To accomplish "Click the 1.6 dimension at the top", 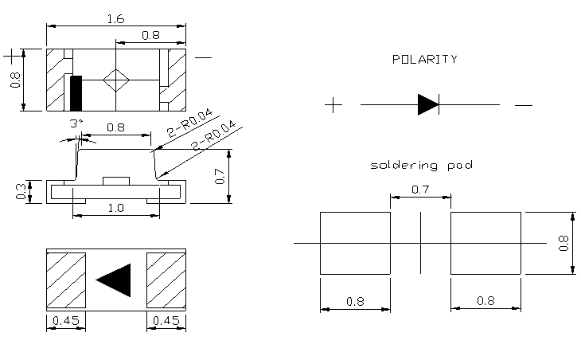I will point(116,18).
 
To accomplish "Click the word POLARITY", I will point(425,60).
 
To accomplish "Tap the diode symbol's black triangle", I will point(427,104).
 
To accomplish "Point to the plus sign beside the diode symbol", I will point(334,104).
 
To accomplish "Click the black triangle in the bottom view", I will point(115,279).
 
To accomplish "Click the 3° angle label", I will point(76,124).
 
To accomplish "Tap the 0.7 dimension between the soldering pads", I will point(420,189).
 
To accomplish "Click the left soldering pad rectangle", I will point(355,243).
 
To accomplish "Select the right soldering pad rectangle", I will point(486,243).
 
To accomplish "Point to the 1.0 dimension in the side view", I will point(115,207).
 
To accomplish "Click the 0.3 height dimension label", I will point(21,191).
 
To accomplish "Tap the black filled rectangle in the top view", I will point(76,93).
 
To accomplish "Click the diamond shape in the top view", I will point(116,80).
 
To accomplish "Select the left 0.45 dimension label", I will point(66,322).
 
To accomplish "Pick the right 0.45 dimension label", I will point(166,322).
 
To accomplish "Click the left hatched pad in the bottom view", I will point(66,278).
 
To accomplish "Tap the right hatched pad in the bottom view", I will point(166,278).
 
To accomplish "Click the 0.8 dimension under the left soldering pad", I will point(355,301).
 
